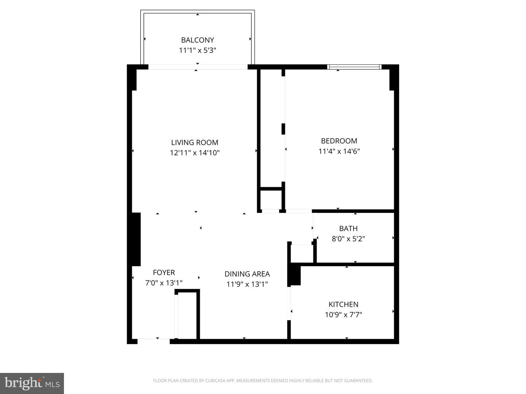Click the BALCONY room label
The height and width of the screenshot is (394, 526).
click(x=197, y=40)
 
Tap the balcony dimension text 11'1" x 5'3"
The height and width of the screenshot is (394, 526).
click(x=197, y=50)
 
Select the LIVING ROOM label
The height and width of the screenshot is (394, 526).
click(x=194, y=142)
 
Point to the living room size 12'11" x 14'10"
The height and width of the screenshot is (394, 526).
click(x=194, y=153)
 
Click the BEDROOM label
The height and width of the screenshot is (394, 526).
click(x=339, y=141)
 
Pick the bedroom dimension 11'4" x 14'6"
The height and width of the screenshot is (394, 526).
click(x=339, y=151)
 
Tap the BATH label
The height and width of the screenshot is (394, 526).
click(x=348, y=228)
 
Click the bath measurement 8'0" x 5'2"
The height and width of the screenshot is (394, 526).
click(x=348, y=238)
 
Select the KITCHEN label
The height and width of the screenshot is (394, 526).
click(x=343, y=304)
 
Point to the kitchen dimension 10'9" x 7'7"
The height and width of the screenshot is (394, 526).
click(x=343, y=314)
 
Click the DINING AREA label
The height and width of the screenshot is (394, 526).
click(x=247, y=273)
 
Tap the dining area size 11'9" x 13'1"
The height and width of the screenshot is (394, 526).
click(x=247, y=284)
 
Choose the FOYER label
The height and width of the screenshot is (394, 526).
click(x=164, y=272)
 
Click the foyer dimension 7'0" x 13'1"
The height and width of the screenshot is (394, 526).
click(x=164, y=282)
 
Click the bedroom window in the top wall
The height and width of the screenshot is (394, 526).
click(x=354, y=67)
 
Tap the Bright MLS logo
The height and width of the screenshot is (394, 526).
click(x=32, y=383)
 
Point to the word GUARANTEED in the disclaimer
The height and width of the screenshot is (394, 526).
click(x=359, y=380)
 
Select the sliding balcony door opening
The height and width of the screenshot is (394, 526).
click(x=198, y=67)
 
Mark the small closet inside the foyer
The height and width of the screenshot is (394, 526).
click(x=187, y=315)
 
